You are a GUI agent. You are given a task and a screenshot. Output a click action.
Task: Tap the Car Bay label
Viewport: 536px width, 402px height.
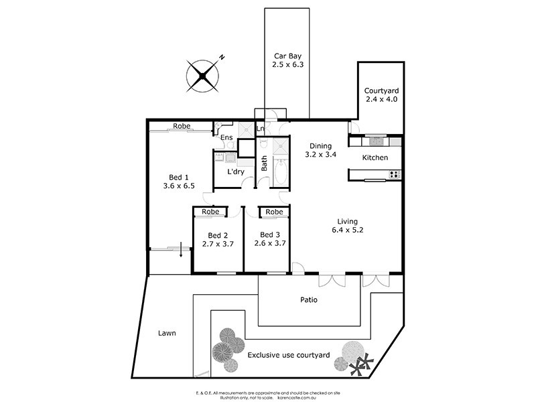(x=287, y=61)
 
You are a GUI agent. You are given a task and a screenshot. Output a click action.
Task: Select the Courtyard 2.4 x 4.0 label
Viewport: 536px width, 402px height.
(x=381, y=95)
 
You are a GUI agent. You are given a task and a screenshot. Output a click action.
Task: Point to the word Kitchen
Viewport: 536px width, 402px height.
(x=375, y=157)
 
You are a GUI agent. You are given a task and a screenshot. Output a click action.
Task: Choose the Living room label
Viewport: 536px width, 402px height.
(x=347, y=226)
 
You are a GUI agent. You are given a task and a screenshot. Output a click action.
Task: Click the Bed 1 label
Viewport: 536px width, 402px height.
(x=178, y=182)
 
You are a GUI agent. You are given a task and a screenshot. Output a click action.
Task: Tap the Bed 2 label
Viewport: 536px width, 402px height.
(x=218, y=240)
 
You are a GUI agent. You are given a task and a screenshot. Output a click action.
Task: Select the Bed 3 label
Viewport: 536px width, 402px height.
(x=270, y=239)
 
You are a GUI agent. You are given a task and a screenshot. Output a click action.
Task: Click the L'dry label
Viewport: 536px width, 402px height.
(x=234, y=172)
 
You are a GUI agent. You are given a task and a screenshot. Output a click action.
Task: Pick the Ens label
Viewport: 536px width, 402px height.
(x=226, y=138)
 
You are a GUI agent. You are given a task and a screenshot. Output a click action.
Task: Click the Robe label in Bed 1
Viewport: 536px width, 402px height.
(x=181, y=126)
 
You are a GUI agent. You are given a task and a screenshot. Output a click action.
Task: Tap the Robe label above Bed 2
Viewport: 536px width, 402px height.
(x=210, y=212)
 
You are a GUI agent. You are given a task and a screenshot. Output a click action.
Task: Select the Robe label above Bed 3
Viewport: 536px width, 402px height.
(x=274, y=212)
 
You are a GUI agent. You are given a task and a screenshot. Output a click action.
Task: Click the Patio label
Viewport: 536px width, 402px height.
(x=309, y=299)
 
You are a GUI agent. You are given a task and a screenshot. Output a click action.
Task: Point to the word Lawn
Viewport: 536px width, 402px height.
(x=167, y=333)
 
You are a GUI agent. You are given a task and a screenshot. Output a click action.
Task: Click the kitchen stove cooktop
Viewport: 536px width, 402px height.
(x=395, y=174)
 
